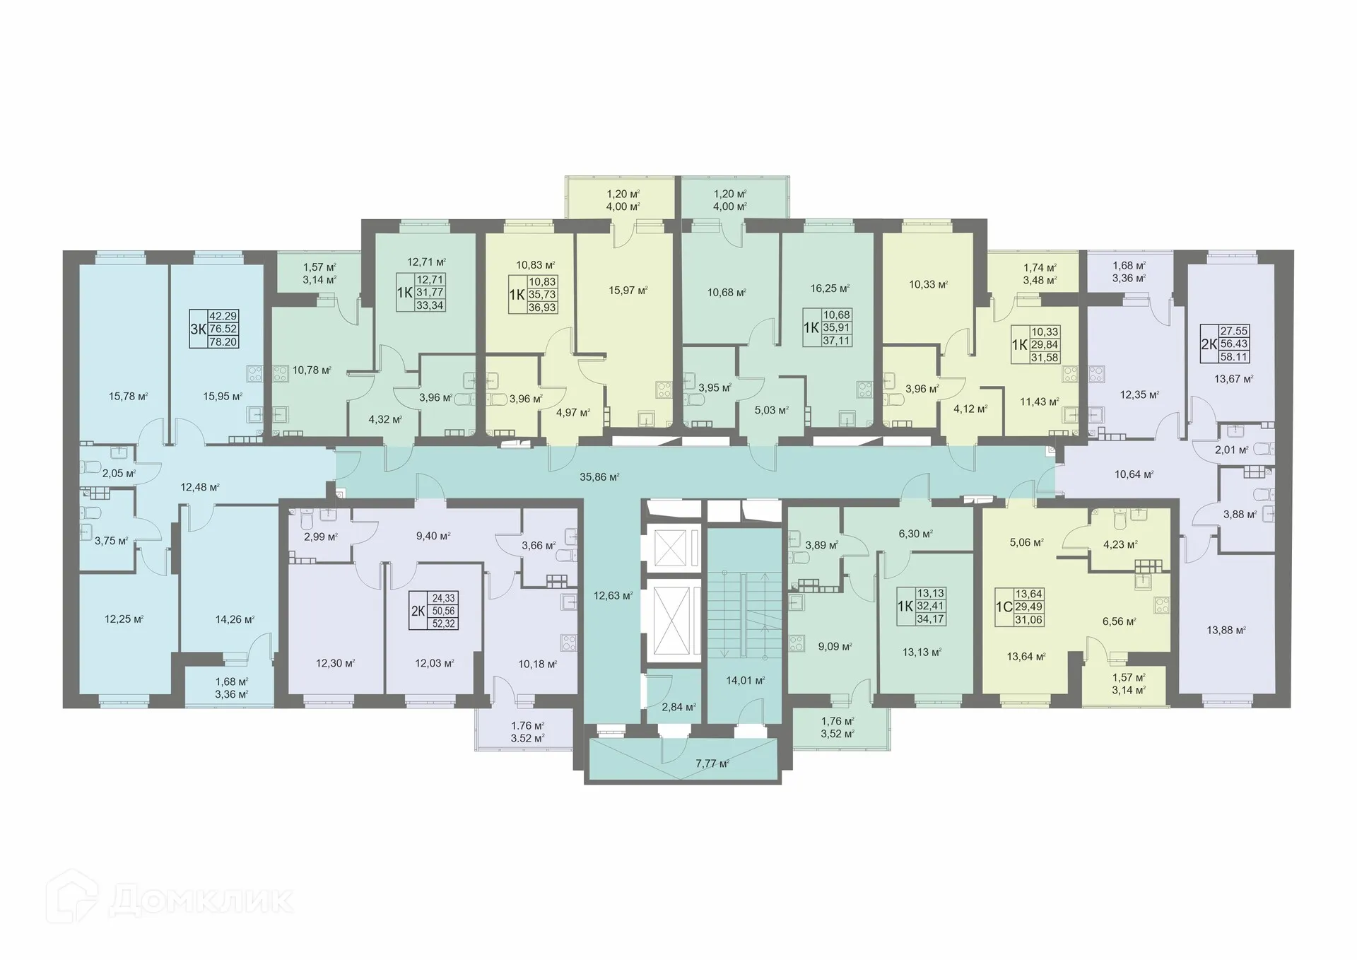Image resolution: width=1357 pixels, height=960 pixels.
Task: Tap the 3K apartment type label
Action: [x=197, y=329]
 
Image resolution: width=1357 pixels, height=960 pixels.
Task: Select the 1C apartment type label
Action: [x=1004, y=607]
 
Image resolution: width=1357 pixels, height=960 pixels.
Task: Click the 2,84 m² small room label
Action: [x=677, y=706]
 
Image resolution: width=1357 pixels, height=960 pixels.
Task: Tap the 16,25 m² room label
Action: [x=829, y=289]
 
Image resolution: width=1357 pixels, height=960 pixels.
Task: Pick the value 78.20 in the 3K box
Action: [x=223, y=341]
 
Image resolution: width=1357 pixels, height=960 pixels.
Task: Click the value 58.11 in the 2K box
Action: [x=1234, y=357]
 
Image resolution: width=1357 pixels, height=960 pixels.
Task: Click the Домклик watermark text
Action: [x=201, y=902]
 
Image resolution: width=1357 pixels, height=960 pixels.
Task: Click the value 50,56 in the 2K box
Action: [x=444, y=611]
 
